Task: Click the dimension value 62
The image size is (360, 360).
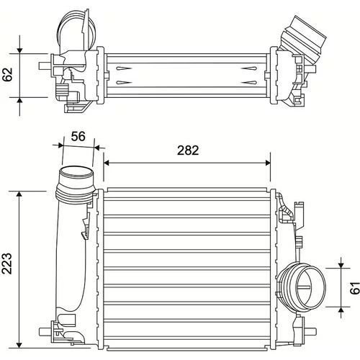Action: [x=7, y=75]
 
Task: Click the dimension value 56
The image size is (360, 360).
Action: [x=78, y=136]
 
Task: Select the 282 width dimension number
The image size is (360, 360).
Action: [x=188, y=150]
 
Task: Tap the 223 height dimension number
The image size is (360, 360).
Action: [x=6, y=264]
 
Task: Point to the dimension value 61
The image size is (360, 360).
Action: [x=355, y=288]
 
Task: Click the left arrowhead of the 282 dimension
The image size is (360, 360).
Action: [x=107, y=163]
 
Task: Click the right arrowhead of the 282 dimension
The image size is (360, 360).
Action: [x=267, y=163]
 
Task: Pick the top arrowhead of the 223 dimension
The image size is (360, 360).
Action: [x=19, y=194]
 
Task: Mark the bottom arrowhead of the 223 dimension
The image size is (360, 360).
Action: [x=19, y=345]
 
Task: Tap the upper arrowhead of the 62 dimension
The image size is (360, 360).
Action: [x=19, y=50]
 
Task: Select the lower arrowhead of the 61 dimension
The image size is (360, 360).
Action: [x=341, y=310]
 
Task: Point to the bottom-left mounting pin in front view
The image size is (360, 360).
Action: [x=45, y=332]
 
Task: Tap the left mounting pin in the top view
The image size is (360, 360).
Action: [x=45, y=66]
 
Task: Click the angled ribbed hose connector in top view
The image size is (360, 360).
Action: [x=305, y=38]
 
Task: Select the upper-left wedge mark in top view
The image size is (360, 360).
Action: [x=124, y=68]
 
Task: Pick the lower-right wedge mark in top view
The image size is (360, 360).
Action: [x=249, y=83]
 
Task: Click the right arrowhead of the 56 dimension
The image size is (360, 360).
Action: [x=96, y=147]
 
